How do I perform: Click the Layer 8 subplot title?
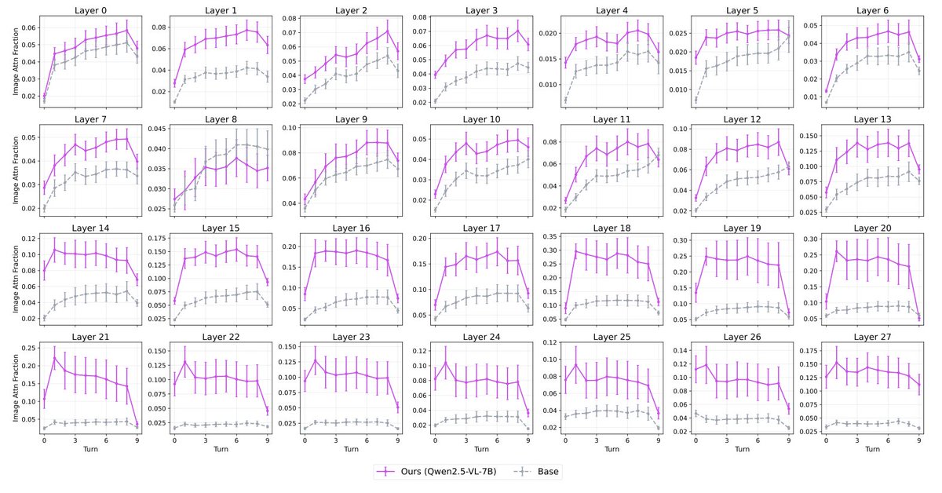[x=221, y=119]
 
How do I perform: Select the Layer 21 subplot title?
[x=90, y=337]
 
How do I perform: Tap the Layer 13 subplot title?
[x=872, y=119]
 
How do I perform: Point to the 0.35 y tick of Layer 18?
[x=550, y=237]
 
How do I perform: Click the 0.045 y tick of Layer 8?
[x=155, y=129]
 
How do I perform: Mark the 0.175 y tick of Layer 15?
[x=155, y=239]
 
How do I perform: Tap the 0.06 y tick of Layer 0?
[x=29, y=27]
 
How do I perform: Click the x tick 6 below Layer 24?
[x=497, y=440]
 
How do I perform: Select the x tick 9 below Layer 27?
[x=919, y=440]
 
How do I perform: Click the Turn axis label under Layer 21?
[x=90, y=449]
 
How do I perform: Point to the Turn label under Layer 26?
[x=742, y=449]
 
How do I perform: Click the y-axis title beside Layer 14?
[x=16, y=279]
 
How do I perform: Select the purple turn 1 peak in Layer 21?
[x=55, y=358]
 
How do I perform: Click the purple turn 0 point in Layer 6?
[x=827, y=91]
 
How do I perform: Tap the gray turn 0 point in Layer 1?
[x=174, y=101]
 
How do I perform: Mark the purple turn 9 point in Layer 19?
[x=788, y=312]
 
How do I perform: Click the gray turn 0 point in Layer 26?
[x=696, y=414]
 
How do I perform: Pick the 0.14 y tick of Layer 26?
[x=681, y=350]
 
